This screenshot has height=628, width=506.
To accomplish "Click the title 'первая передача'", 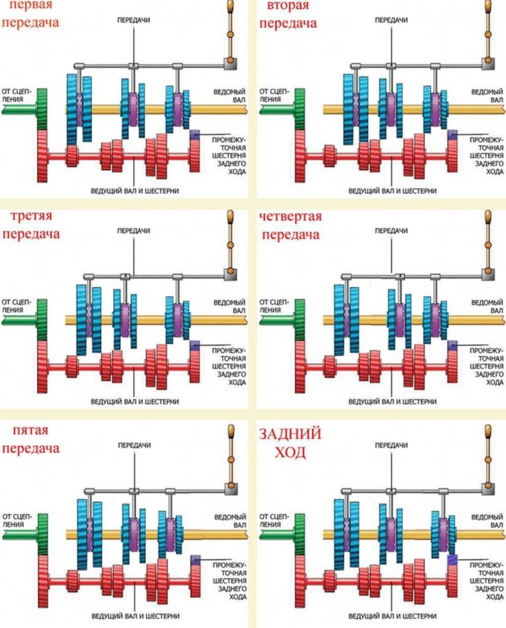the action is (x=31, y=14).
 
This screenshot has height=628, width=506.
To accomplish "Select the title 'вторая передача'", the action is (x=288, y=14).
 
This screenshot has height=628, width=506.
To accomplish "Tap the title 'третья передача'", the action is (x=31, y=225).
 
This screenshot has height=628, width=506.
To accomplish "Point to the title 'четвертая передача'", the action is (x=290, y=225).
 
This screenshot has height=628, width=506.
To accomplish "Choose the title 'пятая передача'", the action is (x=31, y=439).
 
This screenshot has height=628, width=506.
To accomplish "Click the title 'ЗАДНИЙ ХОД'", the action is (x=290, y=443).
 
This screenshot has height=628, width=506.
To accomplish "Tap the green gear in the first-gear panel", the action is (x=42, y=109).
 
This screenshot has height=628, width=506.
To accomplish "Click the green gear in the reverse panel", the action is (x=299, y=534).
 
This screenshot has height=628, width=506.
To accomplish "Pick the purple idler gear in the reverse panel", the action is (x=452, y=559).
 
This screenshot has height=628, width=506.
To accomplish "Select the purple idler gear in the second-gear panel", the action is (x=452, y=135).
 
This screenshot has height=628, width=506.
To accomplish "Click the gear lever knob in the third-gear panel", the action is (x=230, y=217).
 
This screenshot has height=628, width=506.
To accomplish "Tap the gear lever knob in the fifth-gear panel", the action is (x=231, y=432).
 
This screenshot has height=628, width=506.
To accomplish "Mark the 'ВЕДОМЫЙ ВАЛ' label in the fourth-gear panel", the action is (x=487, y=306).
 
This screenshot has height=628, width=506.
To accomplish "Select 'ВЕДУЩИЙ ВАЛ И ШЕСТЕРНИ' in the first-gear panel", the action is (x=134, y=191).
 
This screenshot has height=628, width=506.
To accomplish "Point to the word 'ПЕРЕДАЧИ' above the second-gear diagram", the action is (x=392, y=20).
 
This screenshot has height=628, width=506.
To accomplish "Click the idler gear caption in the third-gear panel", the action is (x=229, y=366).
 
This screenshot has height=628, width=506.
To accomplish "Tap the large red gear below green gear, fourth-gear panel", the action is (x=299, y=367).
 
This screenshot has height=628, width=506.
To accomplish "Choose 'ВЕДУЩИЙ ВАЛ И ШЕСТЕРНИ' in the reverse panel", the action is (x=392, y=616).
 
